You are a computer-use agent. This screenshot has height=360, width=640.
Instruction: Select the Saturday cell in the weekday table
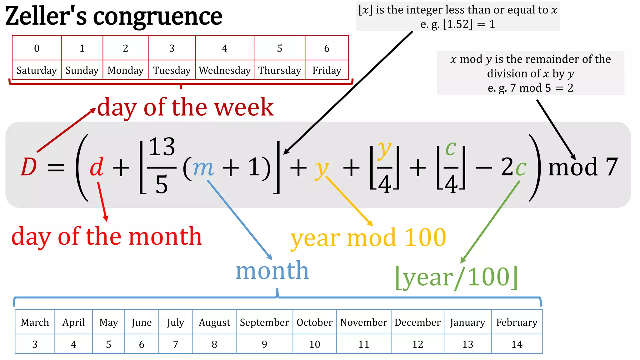tap(37, 70)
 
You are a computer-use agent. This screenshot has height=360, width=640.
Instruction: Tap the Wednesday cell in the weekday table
tap(225, 70)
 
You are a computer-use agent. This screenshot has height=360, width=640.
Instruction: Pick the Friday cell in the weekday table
tap(327, 70)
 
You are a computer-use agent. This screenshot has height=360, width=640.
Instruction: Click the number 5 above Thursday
tap(279, 48)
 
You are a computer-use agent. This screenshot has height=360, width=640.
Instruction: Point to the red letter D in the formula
tap(29, 167)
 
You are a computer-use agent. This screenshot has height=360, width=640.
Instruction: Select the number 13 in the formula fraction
tap(162, 147)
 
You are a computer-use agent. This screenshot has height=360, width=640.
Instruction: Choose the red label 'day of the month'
tap(107, 237)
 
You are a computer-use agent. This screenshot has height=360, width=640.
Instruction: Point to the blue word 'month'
tap(272, 270)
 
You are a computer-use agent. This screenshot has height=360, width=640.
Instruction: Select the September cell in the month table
tap(264, 322)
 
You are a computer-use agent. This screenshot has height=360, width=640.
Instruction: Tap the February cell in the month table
tap(517, 322)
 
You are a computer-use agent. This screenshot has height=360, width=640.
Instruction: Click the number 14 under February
tap(517, 344)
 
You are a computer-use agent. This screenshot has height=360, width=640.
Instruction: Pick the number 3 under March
tap(35, 344)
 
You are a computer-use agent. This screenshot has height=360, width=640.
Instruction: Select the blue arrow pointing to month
tap(239, 220)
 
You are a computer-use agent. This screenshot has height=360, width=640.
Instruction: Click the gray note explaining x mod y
tap(530, 73)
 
